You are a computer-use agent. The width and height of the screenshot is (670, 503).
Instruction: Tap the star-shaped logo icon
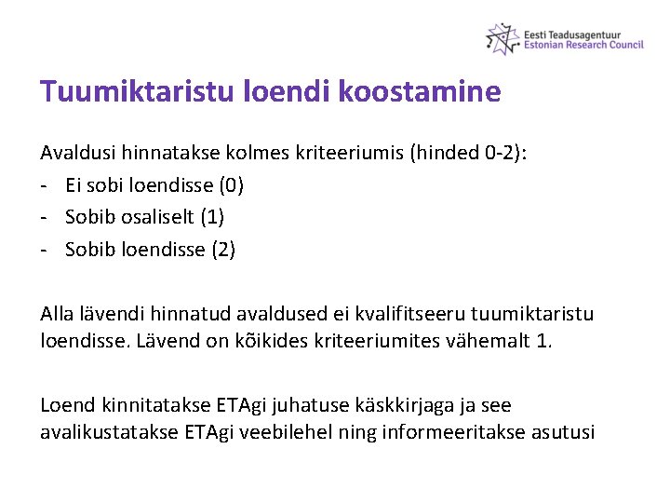(x=502, y=38)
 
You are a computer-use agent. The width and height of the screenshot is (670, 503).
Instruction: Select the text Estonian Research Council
(x=583, y=45)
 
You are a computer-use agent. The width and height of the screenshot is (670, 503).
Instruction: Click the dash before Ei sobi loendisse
(x=46, y=184)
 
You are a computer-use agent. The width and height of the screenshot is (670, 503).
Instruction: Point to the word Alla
(x=58, y=314)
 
